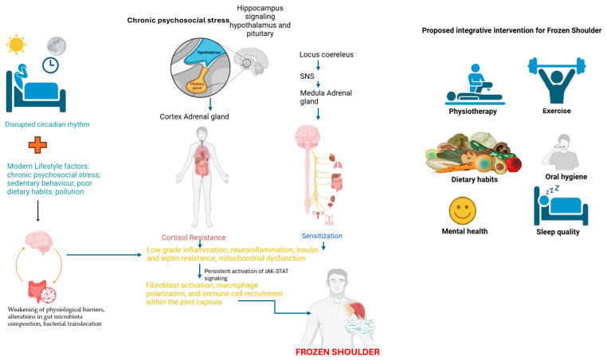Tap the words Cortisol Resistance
click(194, 237)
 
